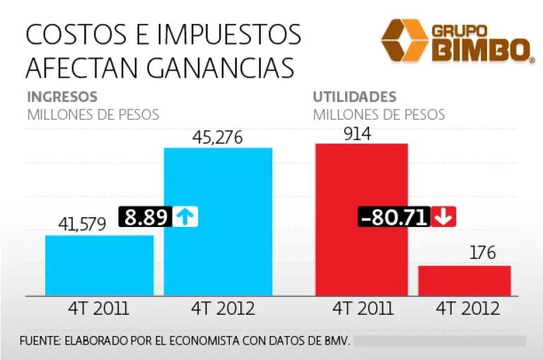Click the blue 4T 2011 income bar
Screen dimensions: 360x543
pyautogui.click(x=99, y=265)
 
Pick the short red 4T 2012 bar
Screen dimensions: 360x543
pyautogui.click(x=465, y=281)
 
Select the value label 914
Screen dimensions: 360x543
pyautogui.click(x=358, y=133)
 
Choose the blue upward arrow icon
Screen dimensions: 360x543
pyautogui.click(x=185, y=216)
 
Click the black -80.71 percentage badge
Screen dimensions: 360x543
pyautogui.click(x=395, y=216)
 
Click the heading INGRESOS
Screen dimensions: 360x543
pyautogui.click(x=62, y=98)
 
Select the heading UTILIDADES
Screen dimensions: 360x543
pyautogui.click(x=354, y=98)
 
